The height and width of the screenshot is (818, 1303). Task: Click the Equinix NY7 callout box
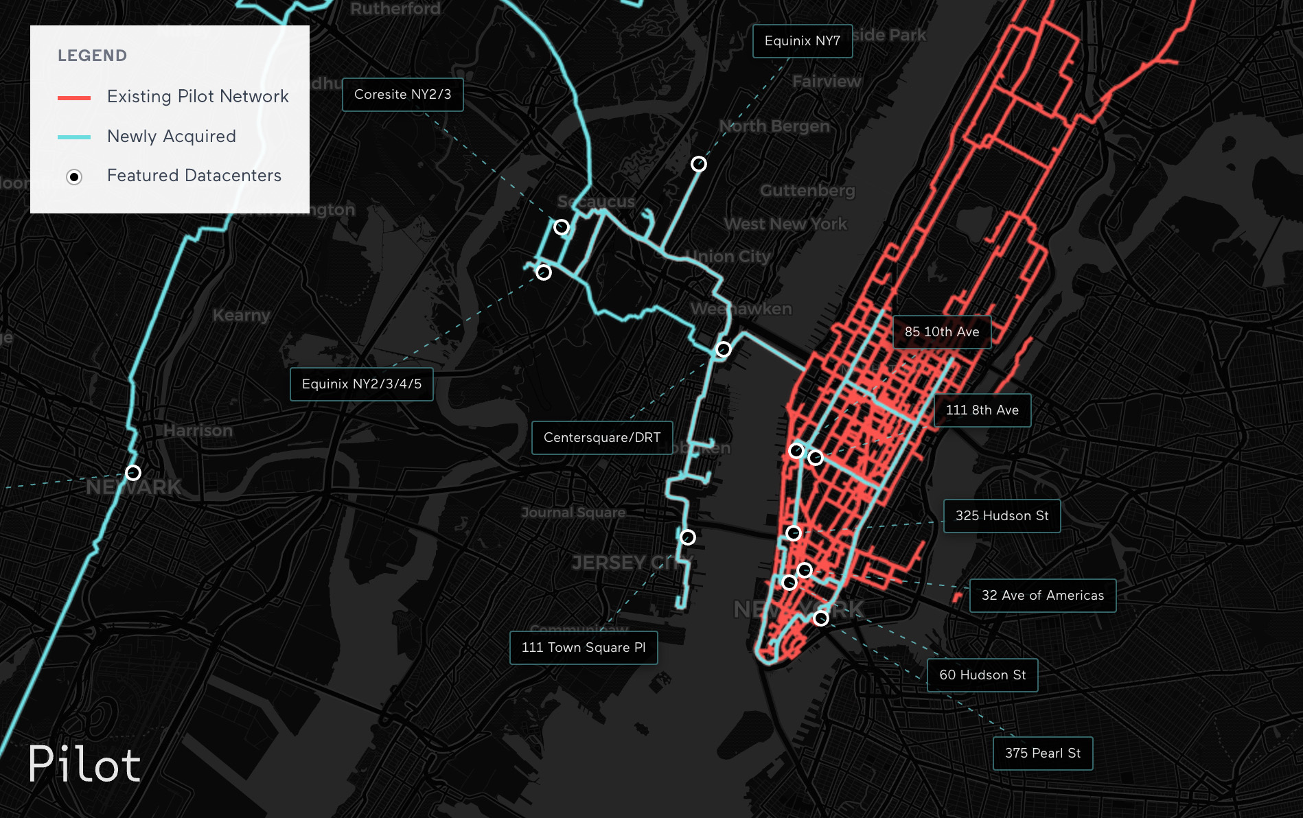802,41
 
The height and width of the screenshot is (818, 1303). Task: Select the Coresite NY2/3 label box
402,95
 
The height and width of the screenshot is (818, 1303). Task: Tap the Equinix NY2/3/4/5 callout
361,384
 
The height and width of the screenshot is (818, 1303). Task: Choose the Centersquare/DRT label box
601,438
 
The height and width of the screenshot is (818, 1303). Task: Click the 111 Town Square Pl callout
583,648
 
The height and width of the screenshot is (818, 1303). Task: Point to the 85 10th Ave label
941,332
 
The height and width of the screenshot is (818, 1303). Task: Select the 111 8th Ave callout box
982,410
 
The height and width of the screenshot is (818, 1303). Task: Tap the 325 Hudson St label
1002,516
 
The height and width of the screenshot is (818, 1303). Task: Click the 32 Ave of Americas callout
1042,596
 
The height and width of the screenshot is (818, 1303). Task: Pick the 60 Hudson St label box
982,675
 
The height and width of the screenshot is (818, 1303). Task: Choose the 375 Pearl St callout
1042,753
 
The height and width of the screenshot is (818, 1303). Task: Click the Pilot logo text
84,764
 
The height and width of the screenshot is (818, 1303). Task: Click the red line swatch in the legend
74,98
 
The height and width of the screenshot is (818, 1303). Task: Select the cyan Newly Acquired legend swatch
74,137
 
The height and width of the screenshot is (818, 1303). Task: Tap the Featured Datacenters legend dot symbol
74,177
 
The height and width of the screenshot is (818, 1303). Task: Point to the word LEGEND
92,56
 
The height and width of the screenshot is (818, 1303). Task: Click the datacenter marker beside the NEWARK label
133,473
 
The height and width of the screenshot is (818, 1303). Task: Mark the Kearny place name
241,316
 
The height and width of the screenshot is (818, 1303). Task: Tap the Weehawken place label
741,309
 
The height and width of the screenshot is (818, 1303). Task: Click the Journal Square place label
573,513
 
